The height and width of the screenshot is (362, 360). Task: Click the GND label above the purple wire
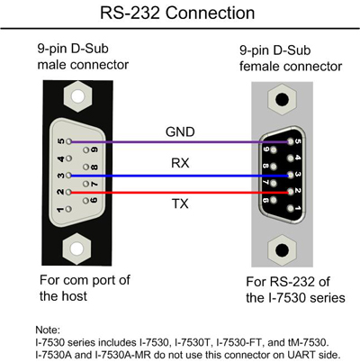(180, 131)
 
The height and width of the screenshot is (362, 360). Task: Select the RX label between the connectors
(180, 163)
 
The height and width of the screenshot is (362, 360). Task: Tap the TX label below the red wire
(180, 204)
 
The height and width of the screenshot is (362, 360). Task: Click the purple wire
(179, 141)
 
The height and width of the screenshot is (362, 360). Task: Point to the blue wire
(179, 176)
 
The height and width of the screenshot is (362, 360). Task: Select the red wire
(179, 193)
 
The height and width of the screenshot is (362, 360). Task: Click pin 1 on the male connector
(68, 209)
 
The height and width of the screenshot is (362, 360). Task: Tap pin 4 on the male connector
(68, 158)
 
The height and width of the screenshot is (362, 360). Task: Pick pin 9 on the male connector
(86, 149)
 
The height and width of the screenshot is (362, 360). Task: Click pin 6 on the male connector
(86, 201)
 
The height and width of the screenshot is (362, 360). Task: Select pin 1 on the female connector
(290, 208)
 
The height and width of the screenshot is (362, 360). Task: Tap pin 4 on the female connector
(290, 158)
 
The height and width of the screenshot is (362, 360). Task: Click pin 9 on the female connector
(273, 149)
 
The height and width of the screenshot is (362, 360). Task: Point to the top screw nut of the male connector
(78, 97)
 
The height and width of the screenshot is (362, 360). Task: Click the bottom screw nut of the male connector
(76, 249)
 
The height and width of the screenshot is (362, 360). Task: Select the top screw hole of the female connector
(282, 100)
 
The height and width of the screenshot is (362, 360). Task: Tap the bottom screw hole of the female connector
(282, 249)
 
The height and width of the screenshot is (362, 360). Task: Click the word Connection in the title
(210, 14)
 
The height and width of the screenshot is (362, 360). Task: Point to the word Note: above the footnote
(48, 330)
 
